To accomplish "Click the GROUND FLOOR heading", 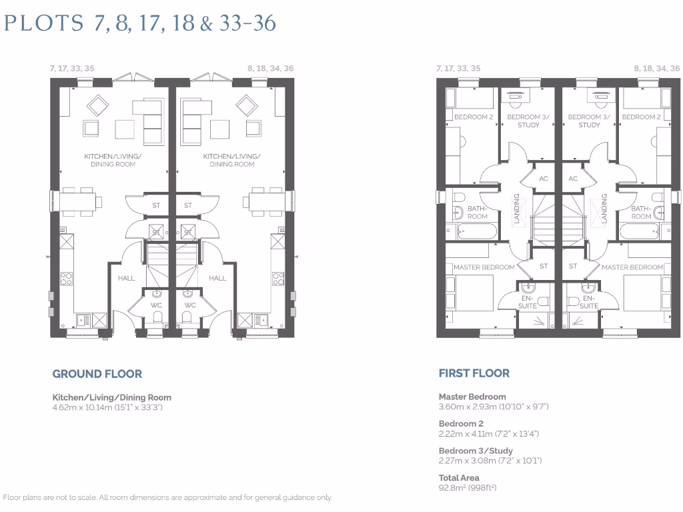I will click(x=97, y=374).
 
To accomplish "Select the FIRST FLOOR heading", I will click(x=474, y=373).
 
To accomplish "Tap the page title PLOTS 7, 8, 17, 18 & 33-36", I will click(x=140, y=23).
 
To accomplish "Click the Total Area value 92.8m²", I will click(x=468, y=488).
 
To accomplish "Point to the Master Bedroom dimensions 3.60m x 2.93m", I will click(x=493, y=406).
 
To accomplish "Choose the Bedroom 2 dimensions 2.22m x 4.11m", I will click(x=488, y=433).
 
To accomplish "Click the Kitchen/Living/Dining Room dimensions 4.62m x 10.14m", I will click(x=107, y=407).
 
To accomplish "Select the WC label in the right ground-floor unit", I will click(x=189, y=305).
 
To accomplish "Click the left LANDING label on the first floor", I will click(x=516, y=208).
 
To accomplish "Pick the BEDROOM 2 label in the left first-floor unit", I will click(x=473, y=117).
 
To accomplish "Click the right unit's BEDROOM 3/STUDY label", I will click(x=589, y=121).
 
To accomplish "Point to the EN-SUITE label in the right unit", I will click(x=588, y=302).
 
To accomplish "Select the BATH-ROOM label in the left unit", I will click(x=477, y=212).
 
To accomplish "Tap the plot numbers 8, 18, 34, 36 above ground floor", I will click(x=269, y=69).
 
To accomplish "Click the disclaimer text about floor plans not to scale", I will click(x=167, y=497).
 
